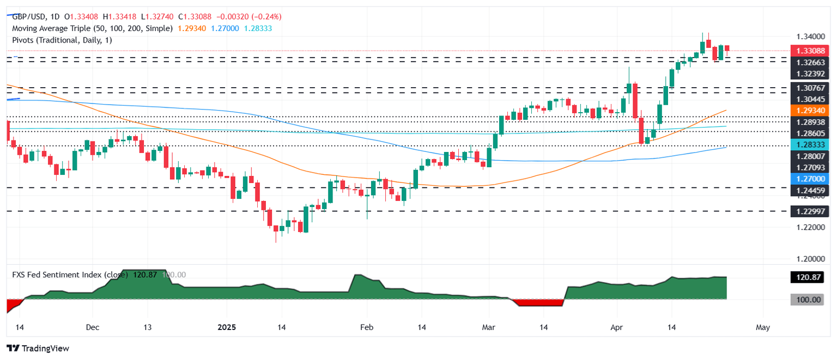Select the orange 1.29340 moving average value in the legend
(x=191, y=28)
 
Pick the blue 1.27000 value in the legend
(x=228, y=28)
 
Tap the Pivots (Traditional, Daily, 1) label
(x=62, y=40)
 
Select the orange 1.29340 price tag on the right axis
(x=809, y=110)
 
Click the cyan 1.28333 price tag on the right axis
(x=809, y=144)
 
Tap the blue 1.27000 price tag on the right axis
(x=809, y=179)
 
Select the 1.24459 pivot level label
(x=809, y=189)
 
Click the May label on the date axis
(x=763, y=327)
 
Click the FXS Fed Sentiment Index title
(x=70, y=275)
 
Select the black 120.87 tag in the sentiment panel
(x=809, y=278)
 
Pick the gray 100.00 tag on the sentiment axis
(x=809, y=300)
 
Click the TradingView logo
(x=38, y=348)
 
